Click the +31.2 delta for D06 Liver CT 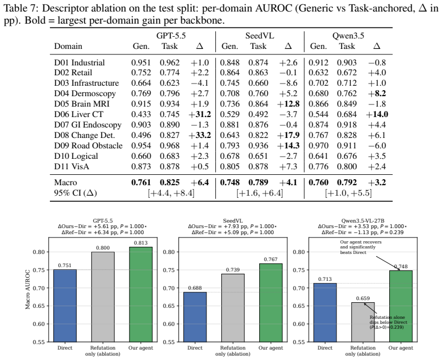[x=199, y=114]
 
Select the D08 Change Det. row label [x=85, y=135]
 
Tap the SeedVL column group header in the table [x=260, y=36]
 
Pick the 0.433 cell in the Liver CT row [x=141, y=114]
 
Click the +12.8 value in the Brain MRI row [x=288, y=104]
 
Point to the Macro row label [x=65, y=182]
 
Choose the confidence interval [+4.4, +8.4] [x=171, y=193]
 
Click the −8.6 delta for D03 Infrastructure [x=288, y=83]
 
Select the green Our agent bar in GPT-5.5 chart [x=141, y=295]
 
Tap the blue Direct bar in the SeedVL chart [x=195, y=317]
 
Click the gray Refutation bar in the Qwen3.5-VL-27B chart [x=363, y=322]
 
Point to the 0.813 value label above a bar [x=141, y=243]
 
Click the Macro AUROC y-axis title [x=27, y=290]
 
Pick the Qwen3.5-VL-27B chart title [x=363, y=220]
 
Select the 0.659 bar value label [x=363, y=298]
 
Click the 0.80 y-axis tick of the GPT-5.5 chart [x=39, y=252]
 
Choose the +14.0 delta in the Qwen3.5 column [x=377, y=114]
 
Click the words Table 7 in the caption [x=20, y=8]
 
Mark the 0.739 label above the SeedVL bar [x=233, y=270]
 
